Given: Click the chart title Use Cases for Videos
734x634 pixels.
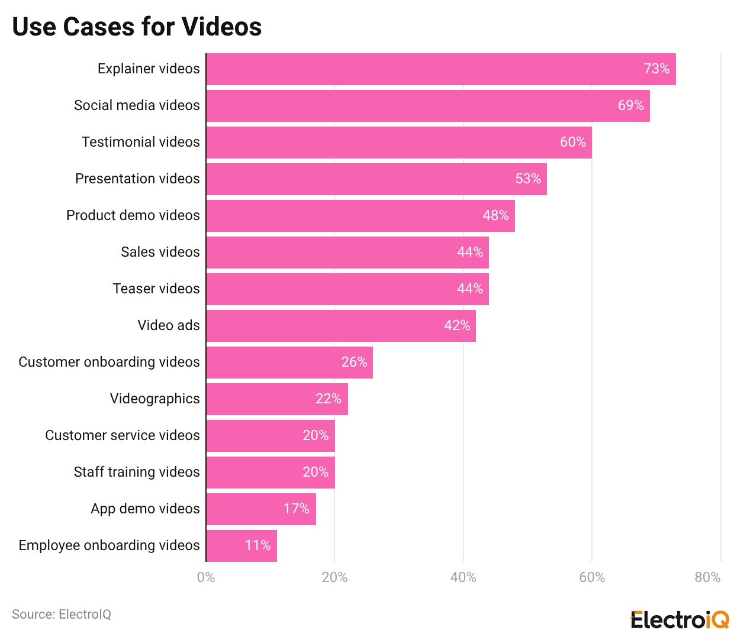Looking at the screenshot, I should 137,27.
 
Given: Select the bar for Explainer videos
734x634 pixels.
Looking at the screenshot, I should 440,69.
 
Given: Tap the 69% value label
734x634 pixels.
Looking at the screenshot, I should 630,105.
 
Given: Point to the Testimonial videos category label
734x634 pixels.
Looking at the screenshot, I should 141,142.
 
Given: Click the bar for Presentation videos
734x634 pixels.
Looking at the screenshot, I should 376,179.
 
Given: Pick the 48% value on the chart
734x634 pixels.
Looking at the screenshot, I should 495,215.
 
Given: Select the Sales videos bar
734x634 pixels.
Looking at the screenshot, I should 347,253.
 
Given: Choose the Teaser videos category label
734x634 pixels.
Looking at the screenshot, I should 156,289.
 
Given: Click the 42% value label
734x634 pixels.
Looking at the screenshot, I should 457,325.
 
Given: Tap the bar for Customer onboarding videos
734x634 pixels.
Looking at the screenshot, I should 289,363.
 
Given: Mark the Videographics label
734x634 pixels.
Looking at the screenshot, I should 154,399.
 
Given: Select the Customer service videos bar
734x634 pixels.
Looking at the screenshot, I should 270,436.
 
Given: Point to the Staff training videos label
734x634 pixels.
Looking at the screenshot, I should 137,472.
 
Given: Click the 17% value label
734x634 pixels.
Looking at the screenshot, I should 296,509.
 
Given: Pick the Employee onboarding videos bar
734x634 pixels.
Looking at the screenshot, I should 241,546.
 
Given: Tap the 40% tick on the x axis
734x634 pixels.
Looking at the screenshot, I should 463,577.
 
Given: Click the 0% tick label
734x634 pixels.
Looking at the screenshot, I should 206,577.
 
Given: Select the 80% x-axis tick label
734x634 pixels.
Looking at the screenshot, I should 707,577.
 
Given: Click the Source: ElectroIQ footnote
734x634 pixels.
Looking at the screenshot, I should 62,614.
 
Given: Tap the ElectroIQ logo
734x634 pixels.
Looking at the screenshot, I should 680,620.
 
